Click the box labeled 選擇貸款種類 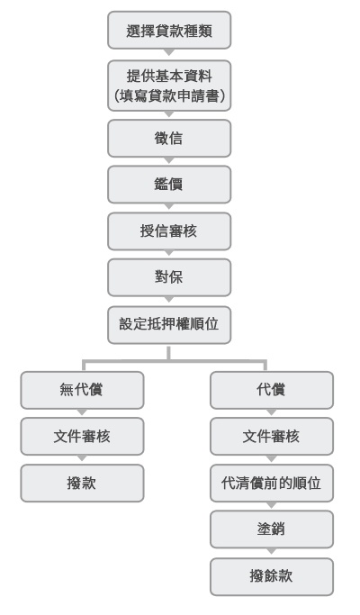[x=169, y=31]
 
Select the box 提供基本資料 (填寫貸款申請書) [x=169, y=86]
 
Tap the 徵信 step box [x=169, y=138]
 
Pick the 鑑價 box [x=169, y=185]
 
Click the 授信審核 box [x=169, y=231]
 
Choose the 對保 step [x=169, y=277]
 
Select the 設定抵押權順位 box [x=169, y=325]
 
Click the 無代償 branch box [x=82, y=390]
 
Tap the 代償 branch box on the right [x=272, y=390]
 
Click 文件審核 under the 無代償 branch [x=82, y=436]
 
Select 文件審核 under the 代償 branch [x=272, y=436]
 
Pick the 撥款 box [x=82, y=483]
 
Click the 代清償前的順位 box [x=272, y=483]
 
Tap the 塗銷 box [x=272, y=529]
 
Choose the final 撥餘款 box [x=272, y=576]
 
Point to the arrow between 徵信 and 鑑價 [x=169, y=160]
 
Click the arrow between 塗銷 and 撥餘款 [x=272, y=551]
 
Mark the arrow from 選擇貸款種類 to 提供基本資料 [x=169, y=52]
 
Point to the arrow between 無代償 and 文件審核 [x=82, y=412]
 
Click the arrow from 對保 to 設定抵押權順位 [x=169, y=300]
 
